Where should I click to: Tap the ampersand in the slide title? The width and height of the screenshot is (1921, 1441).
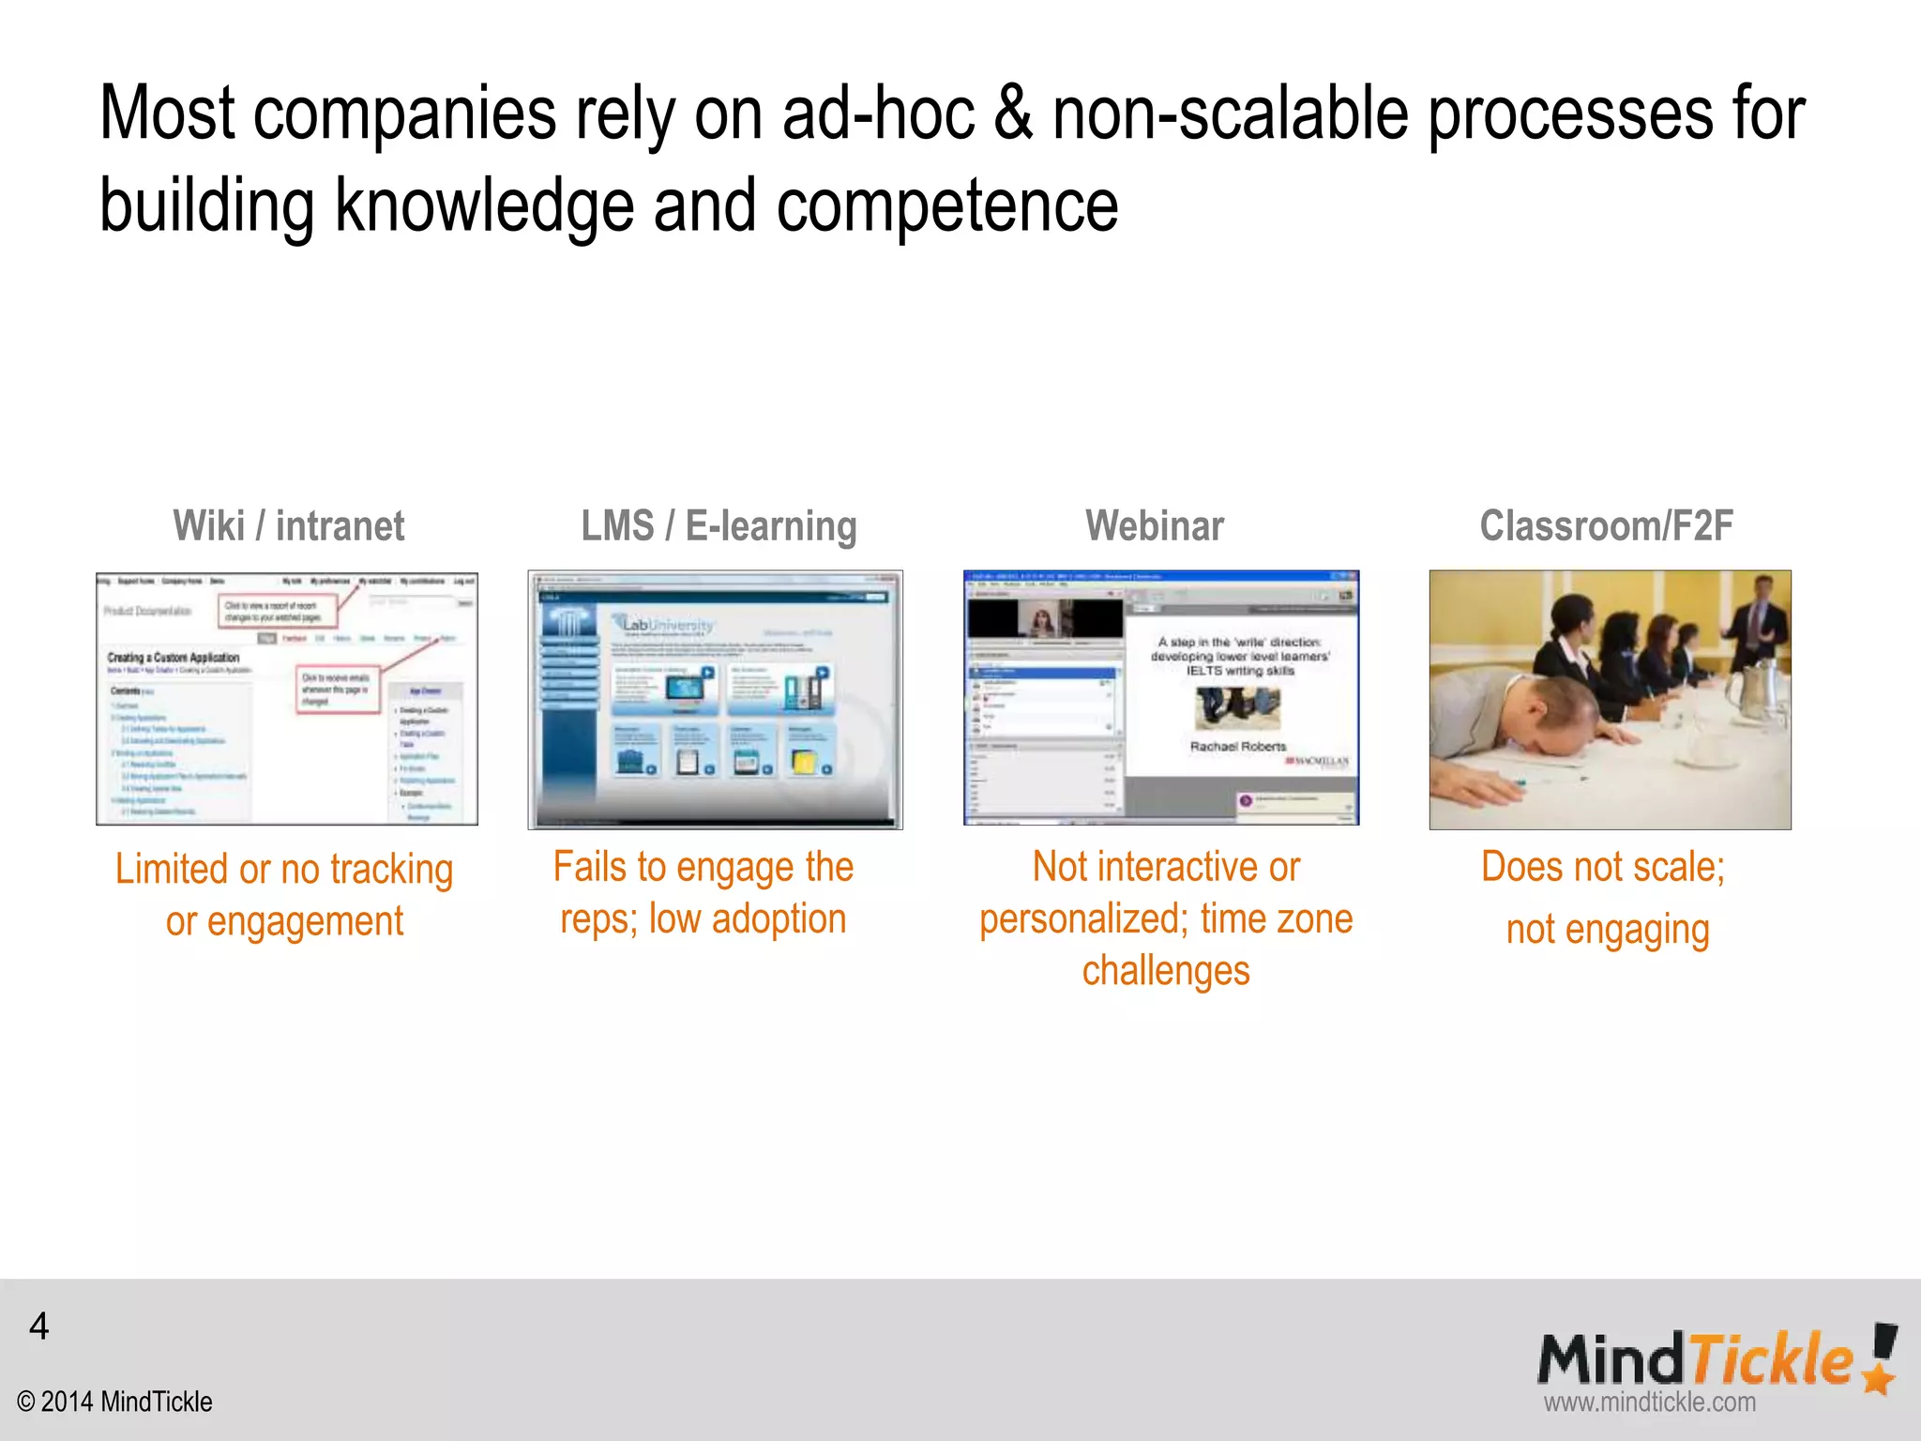tap(1012, 114)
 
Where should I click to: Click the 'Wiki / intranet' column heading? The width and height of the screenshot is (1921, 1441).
tap(288, 526)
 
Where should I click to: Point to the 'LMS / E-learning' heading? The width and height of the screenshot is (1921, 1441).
tap(718, 526)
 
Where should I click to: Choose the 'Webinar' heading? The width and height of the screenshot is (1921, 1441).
tap(1155, 526)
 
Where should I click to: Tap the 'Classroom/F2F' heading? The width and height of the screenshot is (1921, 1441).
tap(1606, 526)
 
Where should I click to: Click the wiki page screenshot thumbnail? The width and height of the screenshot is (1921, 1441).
tap(287, 699)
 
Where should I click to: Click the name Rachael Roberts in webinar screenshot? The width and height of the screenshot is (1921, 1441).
tap(1238, 746)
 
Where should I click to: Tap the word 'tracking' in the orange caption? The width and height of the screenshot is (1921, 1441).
tap(391, 870)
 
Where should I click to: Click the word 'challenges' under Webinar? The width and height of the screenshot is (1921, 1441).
tap(1166, 970)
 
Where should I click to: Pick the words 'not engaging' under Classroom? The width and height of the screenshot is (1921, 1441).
tap(1608, 930)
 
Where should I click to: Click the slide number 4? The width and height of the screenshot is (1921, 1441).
tap(38, 1326)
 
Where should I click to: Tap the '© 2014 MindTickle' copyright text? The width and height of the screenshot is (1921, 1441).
tap(114, 1402)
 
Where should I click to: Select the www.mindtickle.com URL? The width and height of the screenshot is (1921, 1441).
tap(1649, 1403)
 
